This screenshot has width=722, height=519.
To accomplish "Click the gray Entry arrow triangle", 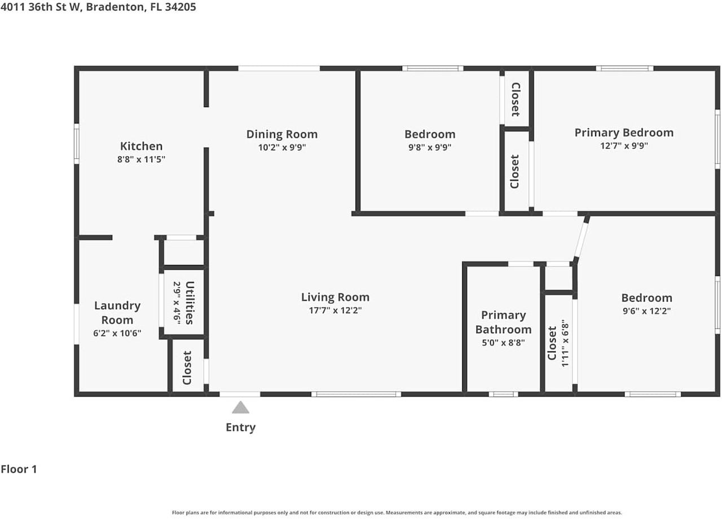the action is (x=240, y=407).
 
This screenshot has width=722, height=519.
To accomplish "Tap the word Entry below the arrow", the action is (x=240, y=428).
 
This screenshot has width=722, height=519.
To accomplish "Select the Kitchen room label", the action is (x=141, y=146).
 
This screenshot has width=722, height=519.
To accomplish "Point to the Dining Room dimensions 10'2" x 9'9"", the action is (x=282, y=148).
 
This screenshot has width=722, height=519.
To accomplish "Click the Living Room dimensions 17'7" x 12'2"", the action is (x=335, y=310).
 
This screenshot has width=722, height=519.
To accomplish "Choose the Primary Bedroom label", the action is (x=624, y=132).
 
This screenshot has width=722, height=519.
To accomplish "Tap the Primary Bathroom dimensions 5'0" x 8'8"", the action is (x=503, y=343).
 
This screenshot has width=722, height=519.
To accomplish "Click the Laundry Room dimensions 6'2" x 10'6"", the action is (x=117, y=333).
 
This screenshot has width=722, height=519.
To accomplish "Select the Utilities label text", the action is (x=190, y=303).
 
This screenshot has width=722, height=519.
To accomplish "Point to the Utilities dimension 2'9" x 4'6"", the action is (x=177, y=303).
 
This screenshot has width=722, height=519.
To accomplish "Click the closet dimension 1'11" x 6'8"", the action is (x=565, y=343).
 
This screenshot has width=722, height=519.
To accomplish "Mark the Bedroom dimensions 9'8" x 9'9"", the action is (x=430, y=148).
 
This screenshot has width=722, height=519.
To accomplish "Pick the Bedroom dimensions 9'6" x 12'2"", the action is (x=646, y=311).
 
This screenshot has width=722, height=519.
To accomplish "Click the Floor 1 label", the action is (x=19, y=469).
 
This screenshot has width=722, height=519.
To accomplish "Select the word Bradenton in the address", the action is (x=115, y=7).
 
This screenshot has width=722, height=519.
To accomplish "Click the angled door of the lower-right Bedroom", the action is (x=581, y=240).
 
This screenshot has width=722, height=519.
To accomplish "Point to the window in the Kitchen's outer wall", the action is (x=76, y=144).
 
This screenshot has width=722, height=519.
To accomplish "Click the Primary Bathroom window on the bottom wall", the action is (x=503, y=394).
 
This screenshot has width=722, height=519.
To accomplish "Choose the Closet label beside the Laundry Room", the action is (x=187, y=367).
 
